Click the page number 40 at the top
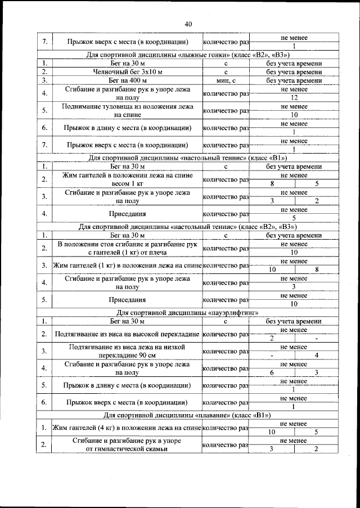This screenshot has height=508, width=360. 188,24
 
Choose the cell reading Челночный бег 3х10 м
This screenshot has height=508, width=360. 127,72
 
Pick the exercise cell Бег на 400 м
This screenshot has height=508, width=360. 127,80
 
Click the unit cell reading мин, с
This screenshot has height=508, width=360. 225,80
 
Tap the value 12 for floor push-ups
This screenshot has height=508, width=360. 294,97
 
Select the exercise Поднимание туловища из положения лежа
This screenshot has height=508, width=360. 127,110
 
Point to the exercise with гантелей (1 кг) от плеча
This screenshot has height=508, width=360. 127,248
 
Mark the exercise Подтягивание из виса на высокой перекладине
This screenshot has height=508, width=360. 127,334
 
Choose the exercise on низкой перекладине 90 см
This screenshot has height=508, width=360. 127,351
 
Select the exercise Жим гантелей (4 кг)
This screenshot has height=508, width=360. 127,428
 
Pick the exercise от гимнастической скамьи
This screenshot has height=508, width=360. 127,445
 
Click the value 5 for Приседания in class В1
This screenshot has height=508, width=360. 294,218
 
